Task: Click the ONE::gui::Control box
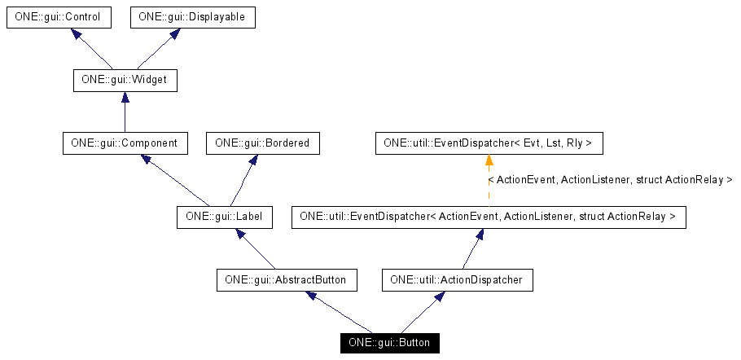[58, 17]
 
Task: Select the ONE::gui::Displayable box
[193, 17]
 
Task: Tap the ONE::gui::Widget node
[125, 81]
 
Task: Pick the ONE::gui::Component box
[125, 143]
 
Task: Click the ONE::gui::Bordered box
[262, 143]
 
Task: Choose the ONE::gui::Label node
[224, 217]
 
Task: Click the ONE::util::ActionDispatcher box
[458, 280]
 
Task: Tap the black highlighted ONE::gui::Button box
[389, 343]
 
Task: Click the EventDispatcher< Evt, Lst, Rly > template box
[489, 143]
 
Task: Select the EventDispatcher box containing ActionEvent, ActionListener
[489, 217]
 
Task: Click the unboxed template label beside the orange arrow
[611, 179]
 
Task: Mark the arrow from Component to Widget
[125, 112]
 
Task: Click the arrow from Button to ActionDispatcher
[423, 311]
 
